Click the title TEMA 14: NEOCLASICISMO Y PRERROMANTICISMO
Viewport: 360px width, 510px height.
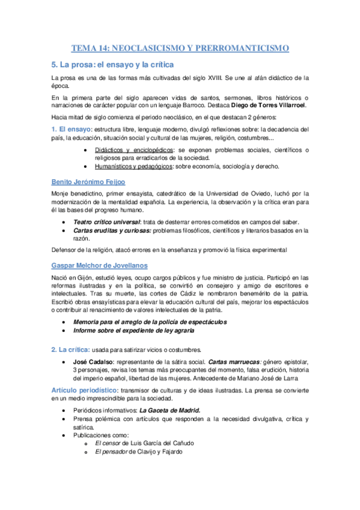pyautogui.click(x=180, y=48)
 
